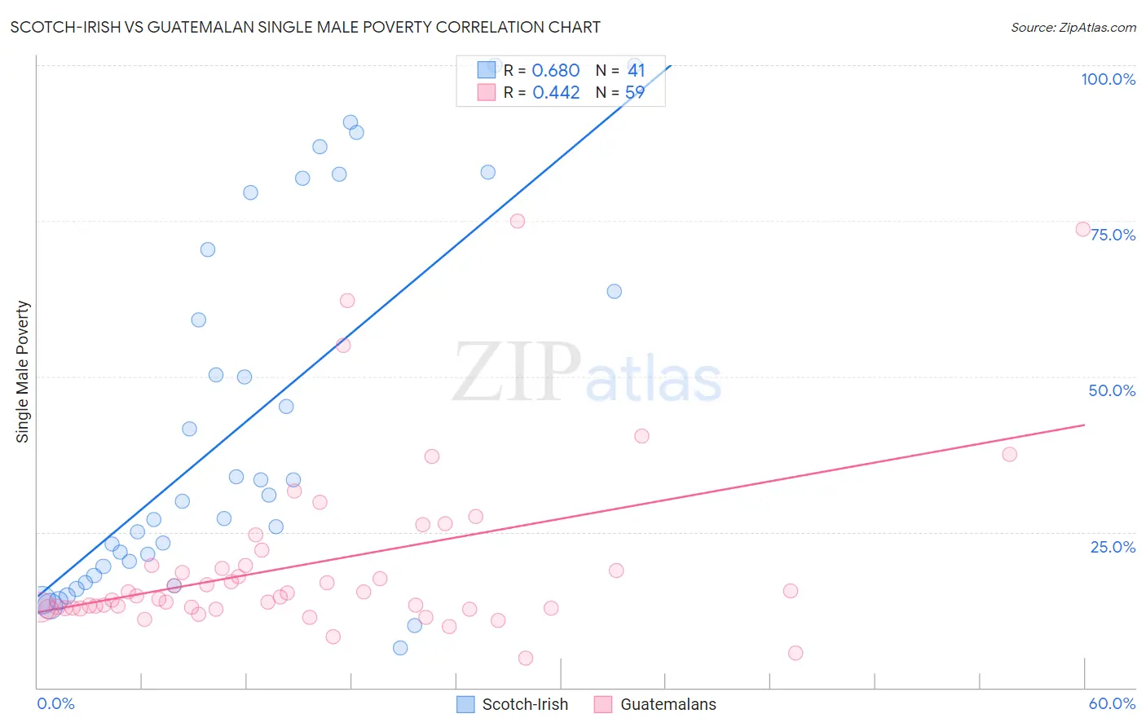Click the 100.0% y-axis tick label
pyautogui.click(x=1108, y=79)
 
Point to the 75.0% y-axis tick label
pyautogui.click(x=1113, y=235)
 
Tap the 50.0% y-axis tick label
pyautogui.click(x=1112, y=390)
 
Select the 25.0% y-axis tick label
pyautogui.click(x=1113, y=547)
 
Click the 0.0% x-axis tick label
pyautogui.click(x=55, y=703)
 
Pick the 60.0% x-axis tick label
pyautogui.click(x=1112, y=703)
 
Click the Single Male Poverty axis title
pyautogui.click(x=23, y=372)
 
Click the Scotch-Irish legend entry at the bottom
pyautogui.click(x=525, y=704)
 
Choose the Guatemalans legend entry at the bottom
pyautogui.click(x=668, y=704)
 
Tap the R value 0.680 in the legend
pyautogui.click(x=556, y=71)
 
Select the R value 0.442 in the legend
pyautogui.click(x=556, y=93)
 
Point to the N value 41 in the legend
pyautogui.click(x=636, y=71)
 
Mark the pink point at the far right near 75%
pyautogui.click(x=1082, y=229)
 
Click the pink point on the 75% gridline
pyautogui.click(x=517, y=221)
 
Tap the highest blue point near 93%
pyautogui.click(x=350, y=122)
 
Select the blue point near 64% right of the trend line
pyautogui.click(x=615, y=291)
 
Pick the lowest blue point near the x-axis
pyautogui.click(x=400, y=648)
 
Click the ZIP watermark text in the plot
pyautogui.click(x=516, y=372)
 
